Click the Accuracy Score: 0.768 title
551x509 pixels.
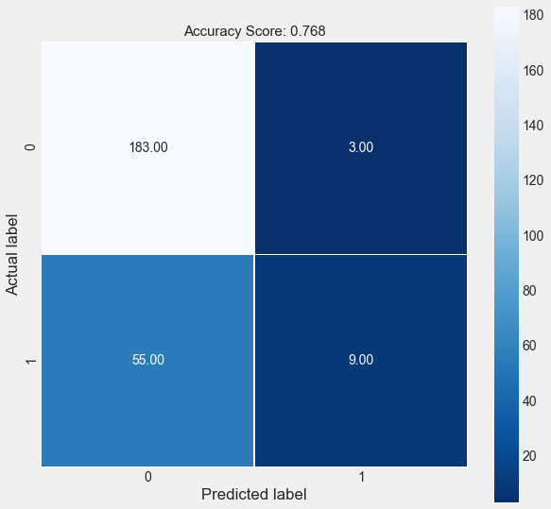pos(254,31)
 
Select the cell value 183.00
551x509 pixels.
pos(148,148)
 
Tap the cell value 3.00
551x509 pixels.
pos(360,148)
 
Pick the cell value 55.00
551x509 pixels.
pos(148,360)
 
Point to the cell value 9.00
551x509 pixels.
pos(360,360)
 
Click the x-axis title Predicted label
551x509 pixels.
pos(254,494)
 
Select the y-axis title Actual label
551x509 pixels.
pos(13,254)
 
